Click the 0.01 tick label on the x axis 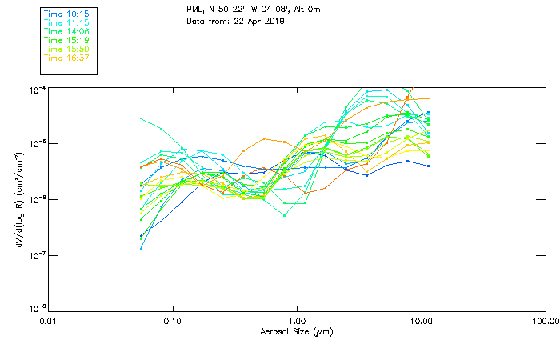click(x=49, y=320)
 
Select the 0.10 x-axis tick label click(x=173, y=320)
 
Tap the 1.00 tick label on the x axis click(x=297, y=320)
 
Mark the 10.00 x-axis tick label click(x=421, y=320)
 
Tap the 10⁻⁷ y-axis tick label click(x=37, y=254)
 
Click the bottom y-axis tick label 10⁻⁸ click(x=37, y=309)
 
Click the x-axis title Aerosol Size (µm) click(x=297, y=331)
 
